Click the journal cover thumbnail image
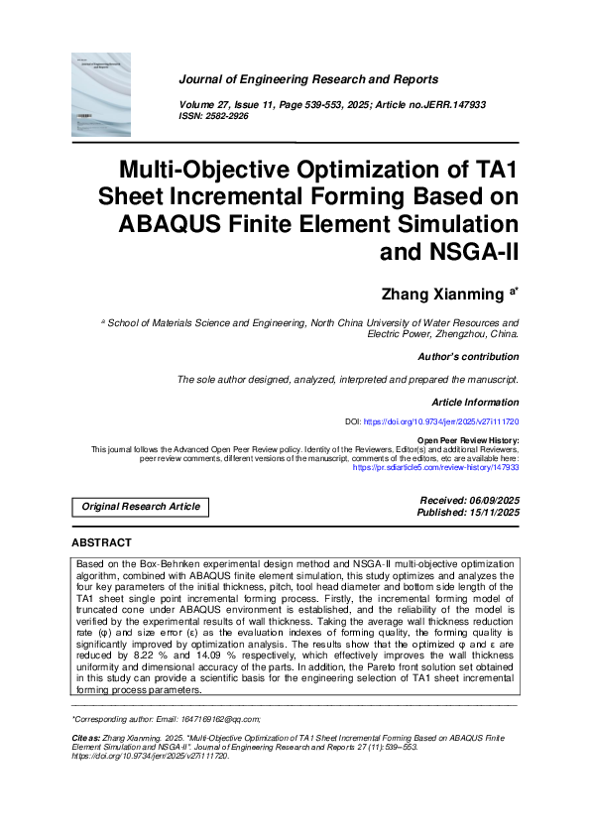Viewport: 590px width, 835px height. tap(101, 95)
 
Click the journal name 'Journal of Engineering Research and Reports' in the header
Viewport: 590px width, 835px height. tap(308, 79)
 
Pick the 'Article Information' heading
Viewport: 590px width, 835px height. tap(475, 402)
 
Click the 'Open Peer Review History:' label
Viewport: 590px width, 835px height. tap(467, 439)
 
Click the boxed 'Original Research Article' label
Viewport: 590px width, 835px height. tap(141, 507)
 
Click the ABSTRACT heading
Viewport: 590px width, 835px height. tap(101, 543)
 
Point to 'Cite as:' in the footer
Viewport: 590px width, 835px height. tap(86, 740)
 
